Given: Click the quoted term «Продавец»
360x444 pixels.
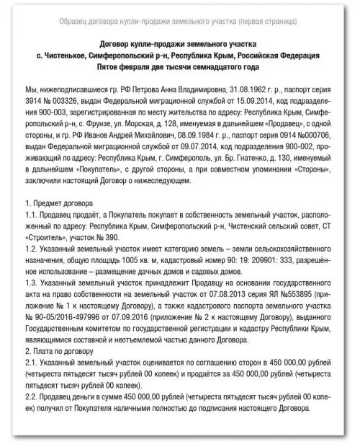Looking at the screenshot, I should click(289, 125).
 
